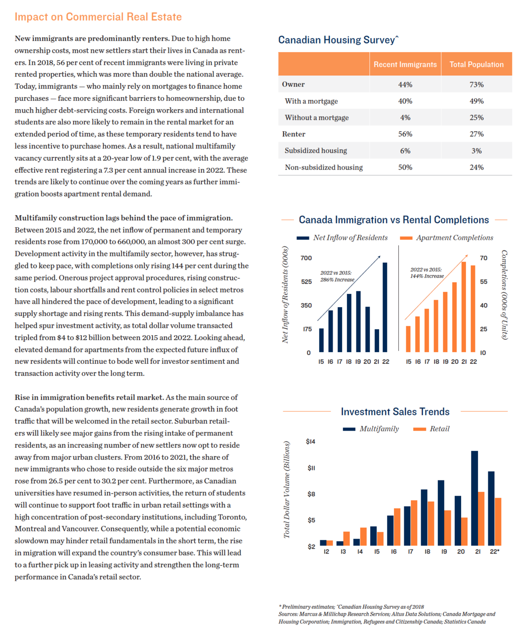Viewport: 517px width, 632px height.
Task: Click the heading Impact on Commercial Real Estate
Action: (x=98, y=17)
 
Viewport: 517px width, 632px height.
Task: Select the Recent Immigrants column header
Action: (x=405, y=64)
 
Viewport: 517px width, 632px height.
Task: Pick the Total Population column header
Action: (x=476, y=64)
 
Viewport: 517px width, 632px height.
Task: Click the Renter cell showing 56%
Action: (x=405, y=134)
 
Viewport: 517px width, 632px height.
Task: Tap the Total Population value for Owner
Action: (x=476, y=84)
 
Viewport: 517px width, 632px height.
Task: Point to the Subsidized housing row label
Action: (x=316, y=151)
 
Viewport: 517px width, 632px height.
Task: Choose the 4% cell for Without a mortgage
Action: (x=405, y=118)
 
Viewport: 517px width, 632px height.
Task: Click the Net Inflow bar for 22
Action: (x=385, y=307)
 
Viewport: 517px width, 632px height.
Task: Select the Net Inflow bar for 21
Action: (x=377, y=340)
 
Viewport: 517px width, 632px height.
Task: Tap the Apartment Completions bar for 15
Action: (x=408, y=339)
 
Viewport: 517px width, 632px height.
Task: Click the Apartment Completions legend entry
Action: (x=446, y=237)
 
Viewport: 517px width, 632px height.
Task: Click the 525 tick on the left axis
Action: (x=306, y=282)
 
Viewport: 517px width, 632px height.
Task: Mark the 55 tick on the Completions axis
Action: (x=483, y=282)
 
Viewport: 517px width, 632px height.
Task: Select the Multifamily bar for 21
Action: (x=474, y=498)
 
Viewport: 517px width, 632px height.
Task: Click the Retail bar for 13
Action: (x=346, y=539)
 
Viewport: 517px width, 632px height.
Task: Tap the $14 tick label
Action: (x=310, y=441)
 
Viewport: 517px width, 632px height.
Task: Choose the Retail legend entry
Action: (x=431, y=429)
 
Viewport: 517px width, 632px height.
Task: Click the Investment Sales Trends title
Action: (x=395, y=411)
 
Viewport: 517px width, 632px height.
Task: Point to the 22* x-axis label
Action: (x=494, y=552)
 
